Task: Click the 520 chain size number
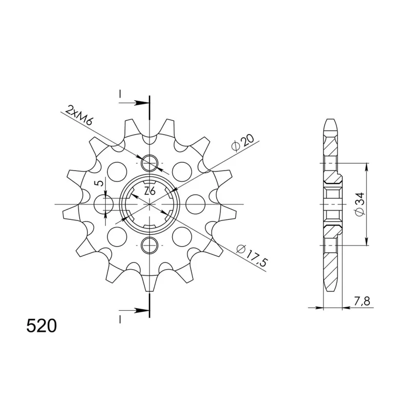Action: click(x=42, y=326)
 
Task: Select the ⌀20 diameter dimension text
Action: click(x=242, y=142)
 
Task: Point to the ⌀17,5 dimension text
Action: click(x=251, y=254)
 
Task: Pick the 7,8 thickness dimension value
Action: click(x=362, y=302)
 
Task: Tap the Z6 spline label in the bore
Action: click(x=150, y=192)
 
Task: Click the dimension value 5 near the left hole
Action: click(x=100, y=183)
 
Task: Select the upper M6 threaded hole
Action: click(x=150, y=163)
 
